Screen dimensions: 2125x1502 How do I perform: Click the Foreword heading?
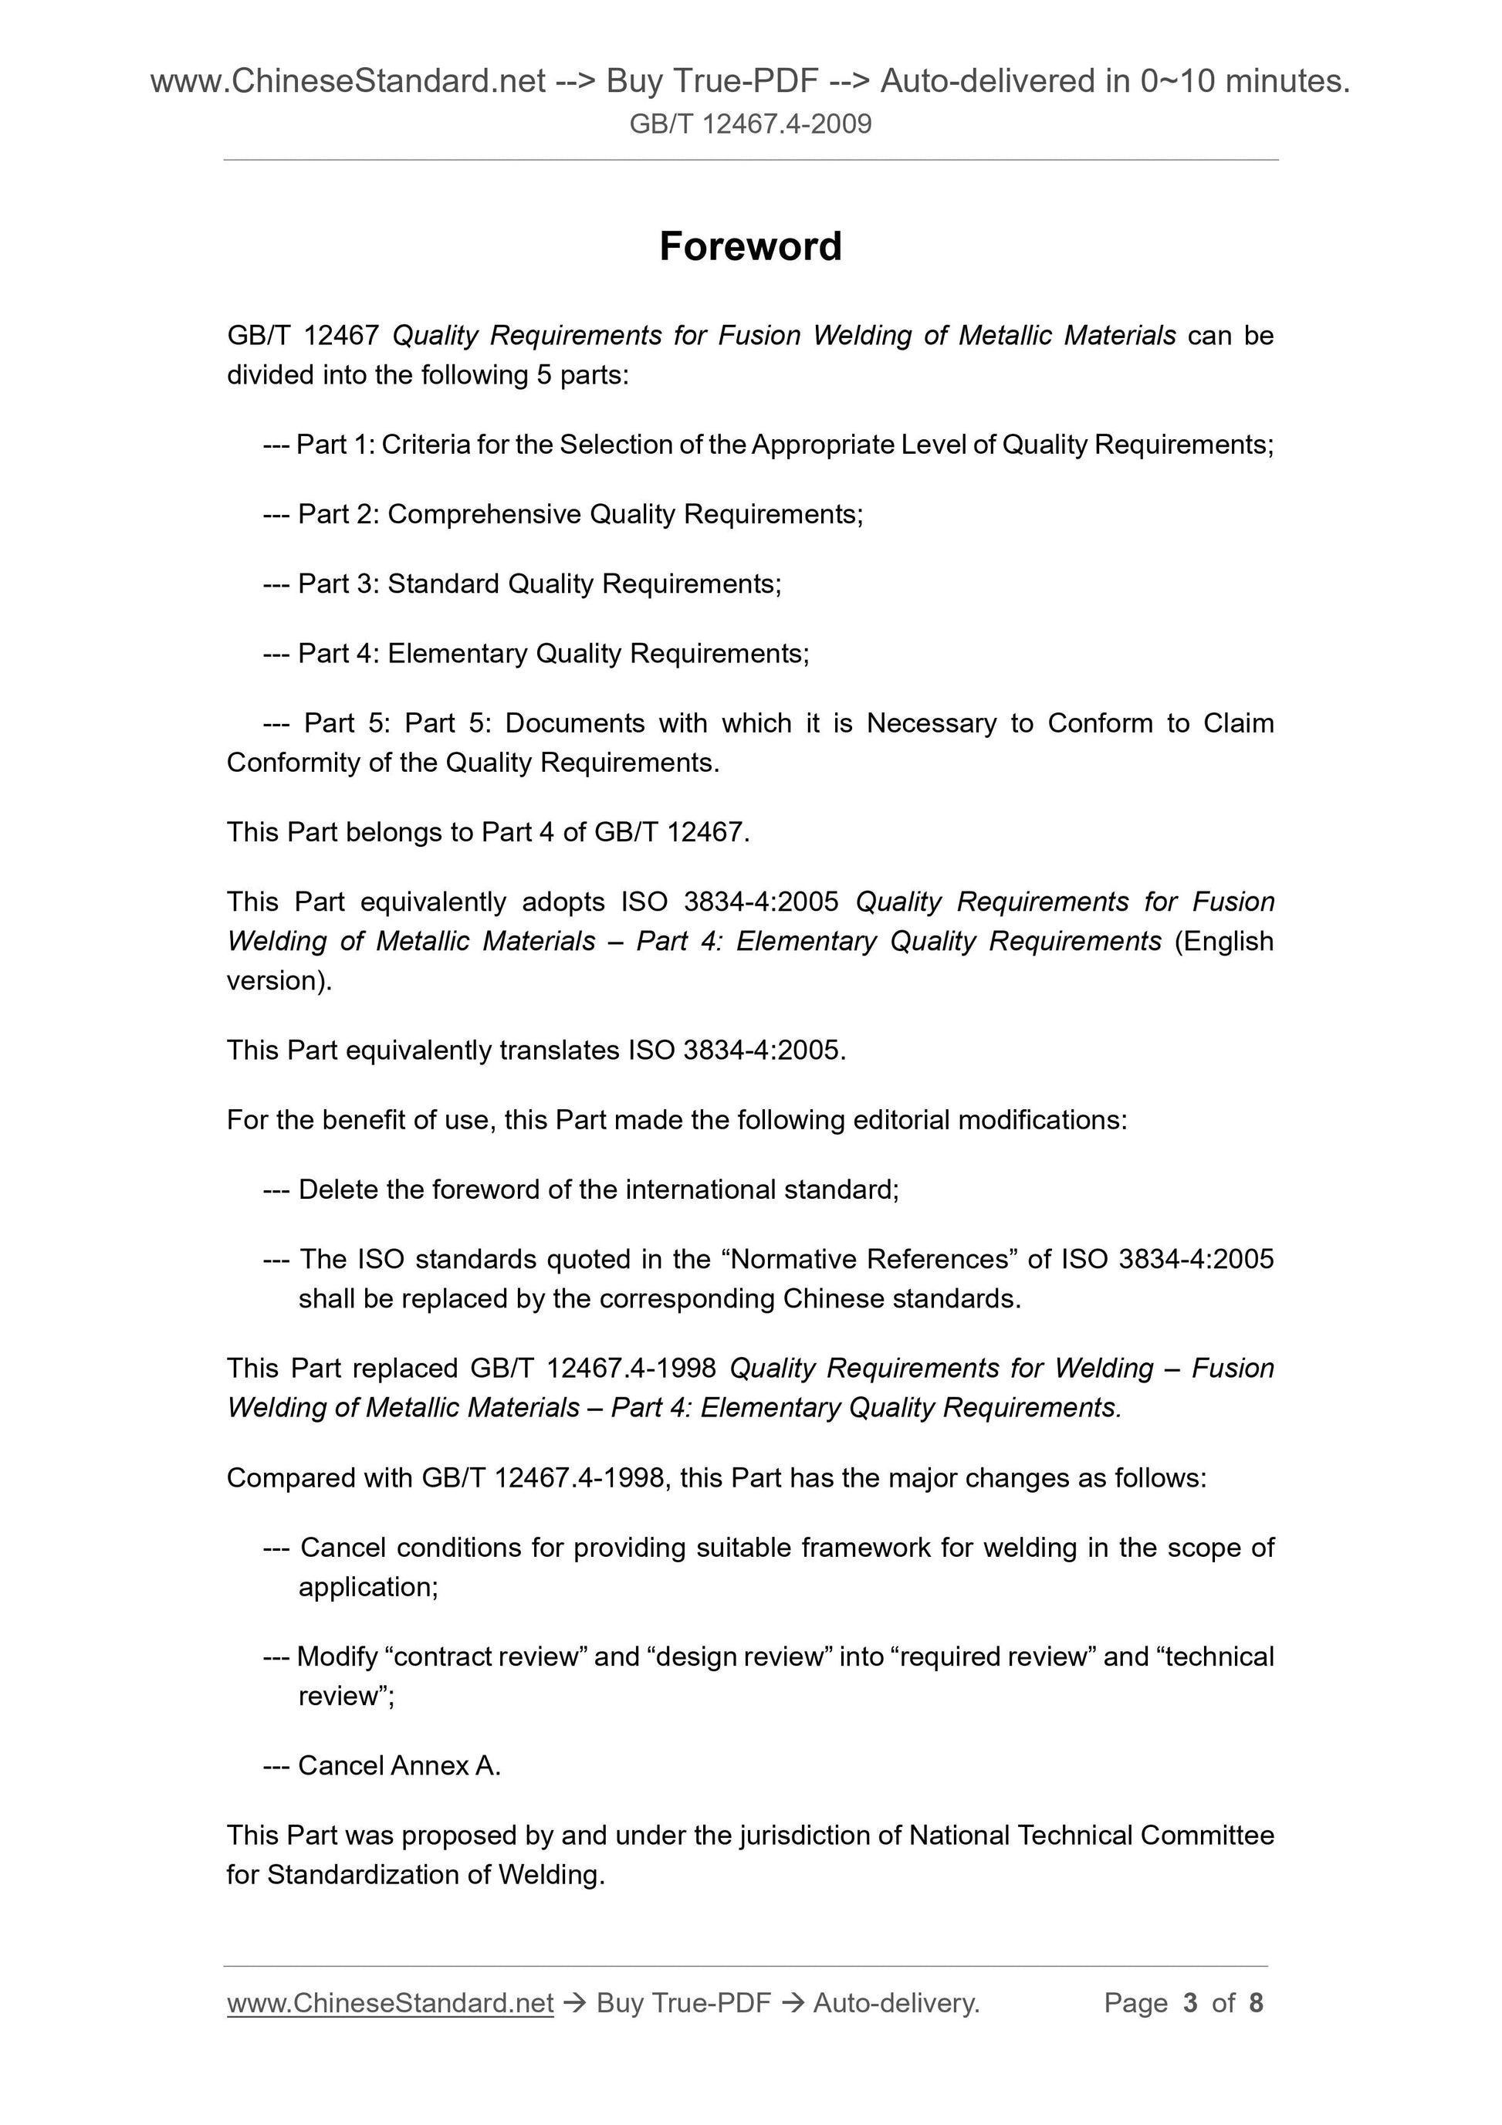[749, 247]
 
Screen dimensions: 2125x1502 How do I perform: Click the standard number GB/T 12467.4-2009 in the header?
[749, 124]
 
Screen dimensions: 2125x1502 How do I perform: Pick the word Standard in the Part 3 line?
[443, 584]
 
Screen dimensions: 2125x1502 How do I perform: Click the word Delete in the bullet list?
[338, 1189]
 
